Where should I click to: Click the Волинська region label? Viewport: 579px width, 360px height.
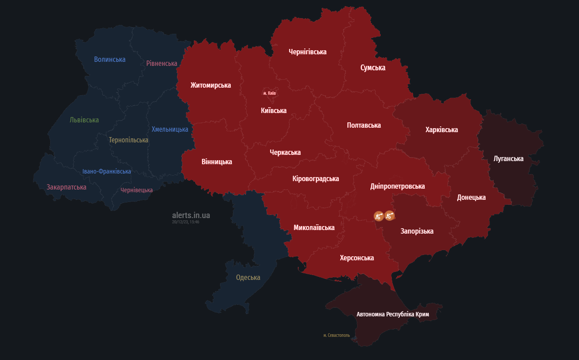[x=110, y=59]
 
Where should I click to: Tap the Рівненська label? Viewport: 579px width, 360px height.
[x=162, y=63]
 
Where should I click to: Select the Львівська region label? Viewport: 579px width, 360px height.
[x=84, y=120]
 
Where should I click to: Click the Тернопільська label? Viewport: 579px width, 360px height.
[x=129, y=140]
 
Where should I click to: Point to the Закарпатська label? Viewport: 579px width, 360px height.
[x=66, y=187]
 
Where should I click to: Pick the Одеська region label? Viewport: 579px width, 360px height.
[x=248, y=277]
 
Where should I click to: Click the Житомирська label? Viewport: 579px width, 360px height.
[x=211, y=85]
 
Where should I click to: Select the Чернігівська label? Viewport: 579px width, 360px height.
[x=308, y=52]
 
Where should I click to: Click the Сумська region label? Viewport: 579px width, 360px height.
[x=373, y=68]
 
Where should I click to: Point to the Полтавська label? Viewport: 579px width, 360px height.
[x=364, y=125]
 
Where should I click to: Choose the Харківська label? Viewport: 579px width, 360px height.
[x=442, y=129]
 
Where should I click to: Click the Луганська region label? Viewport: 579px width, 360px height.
[x=509, y=158]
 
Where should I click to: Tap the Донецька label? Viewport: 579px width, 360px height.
[x=471, y=197]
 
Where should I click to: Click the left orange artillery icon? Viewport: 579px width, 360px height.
[x=378, y=216]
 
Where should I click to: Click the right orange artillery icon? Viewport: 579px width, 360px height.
[x=390, y=216]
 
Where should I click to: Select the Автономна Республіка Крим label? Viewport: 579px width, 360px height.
[x=393, y=314]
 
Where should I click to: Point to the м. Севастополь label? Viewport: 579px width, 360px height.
[x=337, y=335]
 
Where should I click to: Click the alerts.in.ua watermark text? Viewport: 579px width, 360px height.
[x=191, y=215]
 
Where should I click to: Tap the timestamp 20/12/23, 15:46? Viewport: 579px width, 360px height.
[x=185, y=222]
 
